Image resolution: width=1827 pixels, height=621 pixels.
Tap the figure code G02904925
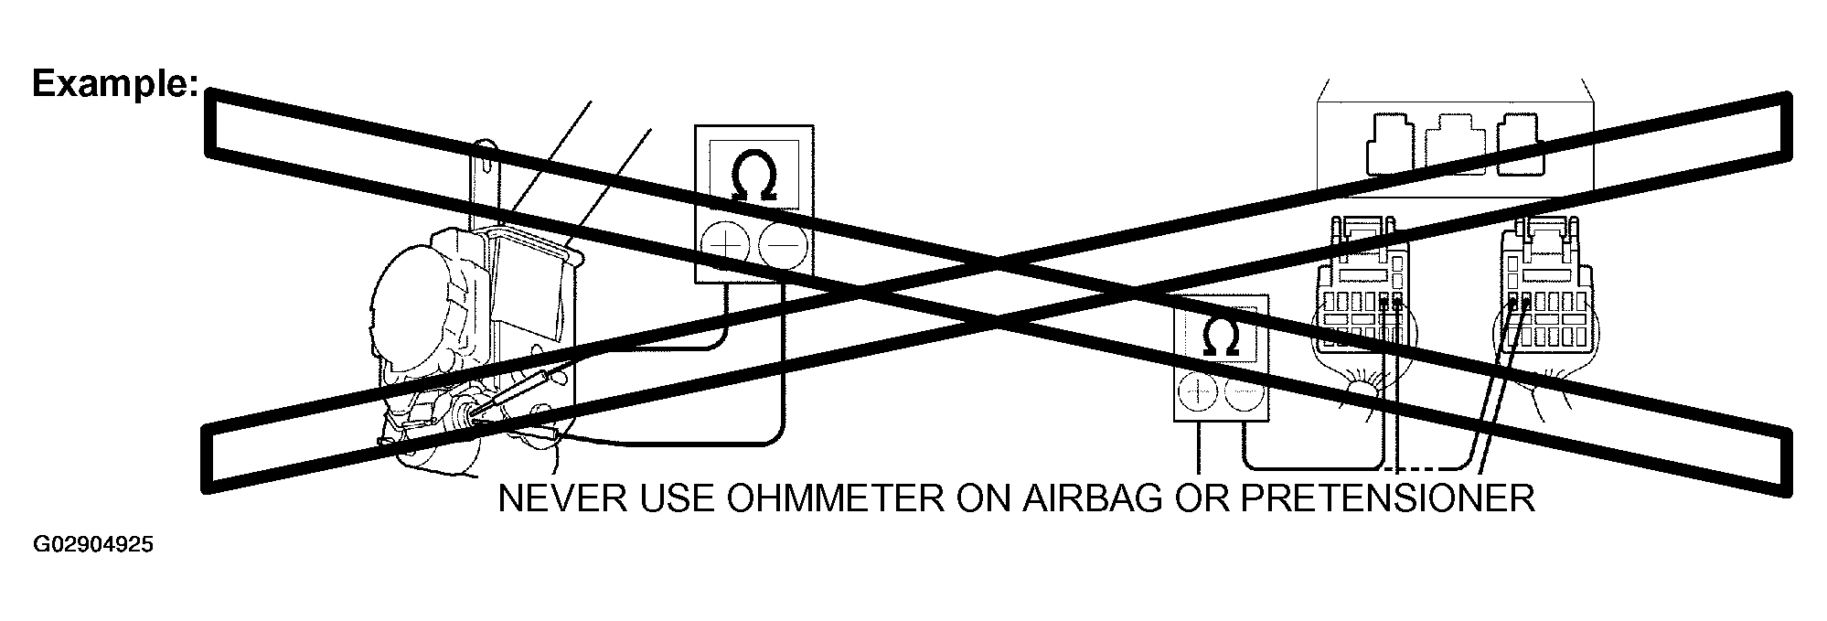click(x=93, y=546)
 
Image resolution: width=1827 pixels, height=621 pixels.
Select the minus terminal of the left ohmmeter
click(x=784, y=245)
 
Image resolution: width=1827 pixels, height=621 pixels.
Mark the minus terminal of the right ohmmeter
click(x=1244, y=395)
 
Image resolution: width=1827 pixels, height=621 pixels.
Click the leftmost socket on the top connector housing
click(x=1390, y=144)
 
